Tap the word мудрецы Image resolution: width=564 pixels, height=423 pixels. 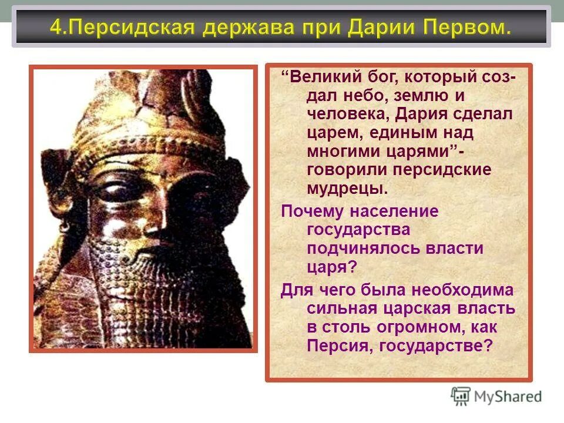pos(347,189)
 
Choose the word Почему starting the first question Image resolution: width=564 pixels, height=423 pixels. pos(310,211)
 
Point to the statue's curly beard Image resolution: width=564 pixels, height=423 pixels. pos(141,294)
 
